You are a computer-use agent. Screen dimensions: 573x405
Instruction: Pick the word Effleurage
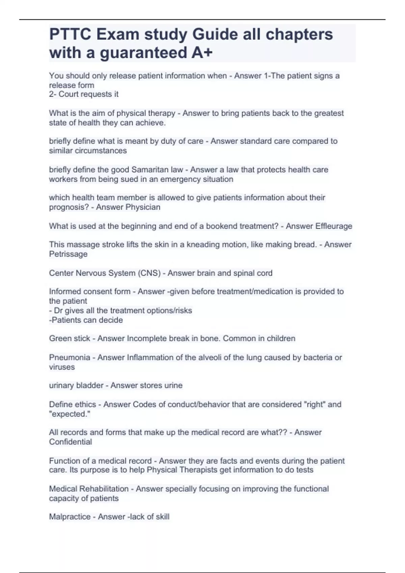pyautogui.click(x=333, y=226)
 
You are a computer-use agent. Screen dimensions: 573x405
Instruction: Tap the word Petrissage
pyautogui.click(x=68, y=254)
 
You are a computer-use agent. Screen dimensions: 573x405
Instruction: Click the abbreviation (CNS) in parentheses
pyautogui.click(x=149, y=273)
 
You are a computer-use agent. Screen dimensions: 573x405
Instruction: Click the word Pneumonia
pyautogui.click(x=70, y=357)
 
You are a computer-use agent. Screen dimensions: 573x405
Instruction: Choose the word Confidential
pyautogui.click(x=70, y=442)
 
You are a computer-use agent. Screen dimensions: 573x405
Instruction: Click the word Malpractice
pyautogui.click(x=70, y=517)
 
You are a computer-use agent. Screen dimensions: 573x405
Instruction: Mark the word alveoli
pyautogui.click(x=208, y=357)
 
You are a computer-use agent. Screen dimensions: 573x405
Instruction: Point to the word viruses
pyautogui.click(x=62, y=367)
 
